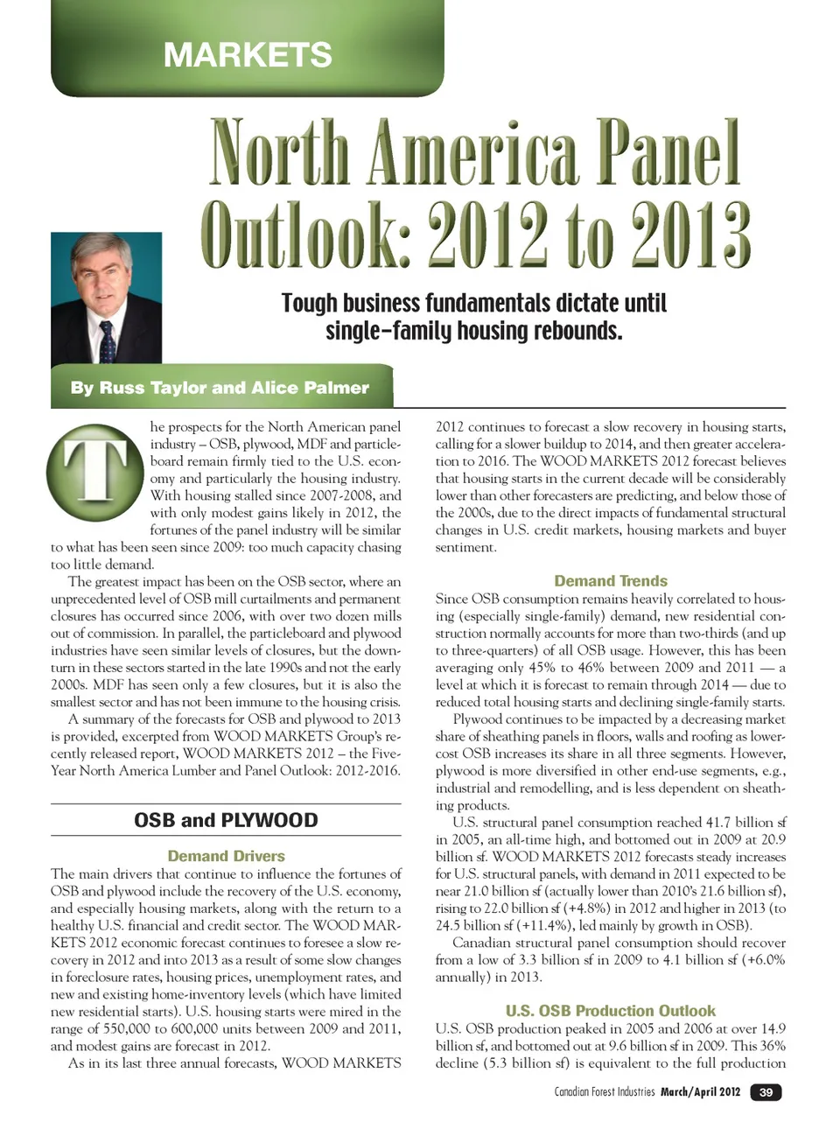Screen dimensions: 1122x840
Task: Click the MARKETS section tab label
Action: coord(248,54)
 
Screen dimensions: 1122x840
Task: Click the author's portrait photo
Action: coord(106,298)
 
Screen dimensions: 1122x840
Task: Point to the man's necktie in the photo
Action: coord(108,341)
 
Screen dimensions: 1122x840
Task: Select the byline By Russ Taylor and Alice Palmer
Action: coord(220,388)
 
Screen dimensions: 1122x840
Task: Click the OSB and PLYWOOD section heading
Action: coord(226,820)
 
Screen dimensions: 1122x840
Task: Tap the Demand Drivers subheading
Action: coord(226,856)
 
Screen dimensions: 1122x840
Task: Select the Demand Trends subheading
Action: coord(610,580)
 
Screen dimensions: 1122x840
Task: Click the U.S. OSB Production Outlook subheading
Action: coord(610,1010)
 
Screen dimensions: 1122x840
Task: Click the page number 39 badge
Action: coord(766,1091)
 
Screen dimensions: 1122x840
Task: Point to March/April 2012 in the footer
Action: coord(700,1091)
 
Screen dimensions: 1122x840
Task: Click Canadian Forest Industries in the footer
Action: coord(605,1091)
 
